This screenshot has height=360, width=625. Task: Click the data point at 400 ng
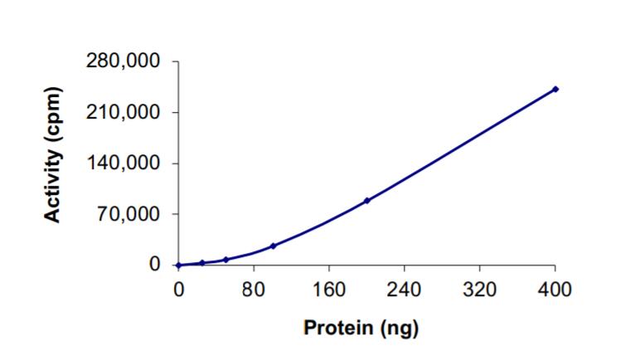(x=555, y=89)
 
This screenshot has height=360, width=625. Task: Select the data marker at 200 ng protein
(x=367, y=201)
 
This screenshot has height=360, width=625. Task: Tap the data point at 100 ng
(x=273, y=246)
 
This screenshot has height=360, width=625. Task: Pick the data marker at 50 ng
(x=225, y=260)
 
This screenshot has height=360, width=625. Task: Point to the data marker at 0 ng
(x=178, y=265)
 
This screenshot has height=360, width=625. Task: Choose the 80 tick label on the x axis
(x=254, y=289)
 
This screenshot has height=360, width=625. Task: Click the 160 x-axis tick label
(x=329, y=289)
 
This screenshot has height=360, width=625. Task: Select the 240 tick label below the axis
(x=405, y=289)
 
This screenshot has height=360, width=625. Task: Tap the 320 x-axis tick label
(x=480, y=289)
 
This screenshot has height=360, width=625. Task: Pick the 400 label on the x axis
(x=555, y=289)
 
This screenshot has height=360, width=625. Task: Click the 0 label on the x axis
(x=178, y=289)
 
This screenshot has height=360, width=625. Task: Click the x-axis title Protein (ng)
(x=361, y=328)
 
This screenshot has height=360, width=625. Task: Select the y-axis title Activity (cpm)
(x=54, y=154)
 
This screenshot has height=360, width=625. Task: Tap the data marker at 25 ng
(x=201, y=263)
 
